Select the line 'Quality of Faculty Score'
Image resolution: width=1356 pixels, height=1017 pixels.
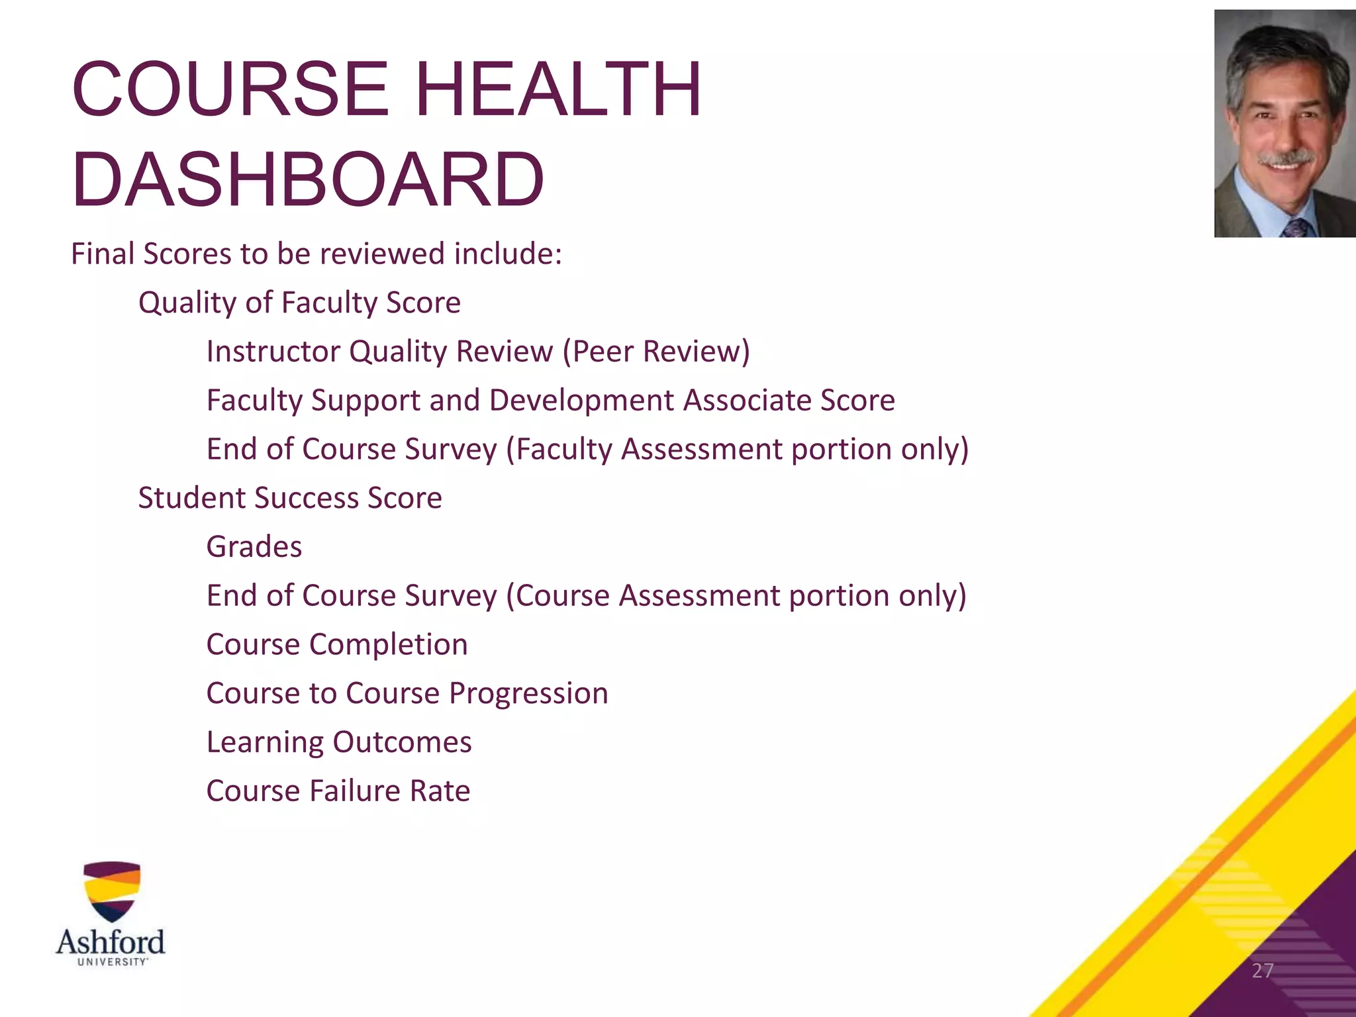point(299,303)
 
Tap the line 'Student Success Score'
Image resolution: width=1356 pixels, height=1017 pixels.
point(290,498)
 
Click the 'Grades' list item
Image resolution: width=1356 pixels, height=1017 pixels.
point(254,548)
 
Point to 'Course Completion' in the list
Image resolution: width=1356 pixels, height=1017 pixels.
point(337,645)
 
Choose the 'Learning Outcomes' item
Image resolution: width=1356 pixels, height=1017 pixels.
point(339,742)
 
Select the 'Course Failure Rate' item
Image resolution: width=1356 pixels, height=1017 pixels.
point(338,791)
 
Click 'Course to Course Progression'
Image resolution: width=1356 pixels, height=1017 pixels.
point(407,694)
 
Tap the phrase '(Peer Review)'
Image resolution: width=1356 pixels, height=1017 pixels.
point(656,352)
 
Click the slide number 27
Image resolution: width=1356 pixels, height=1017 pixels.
point(1263,971)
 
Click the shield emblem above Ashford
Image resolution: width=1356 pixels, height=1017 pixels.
point(112,891)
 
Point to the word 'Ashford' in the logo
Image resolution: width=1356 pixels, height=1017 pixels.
point(111,942)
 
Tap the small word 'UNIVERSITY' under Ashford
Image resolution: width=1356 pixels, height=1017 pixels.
point(112,962)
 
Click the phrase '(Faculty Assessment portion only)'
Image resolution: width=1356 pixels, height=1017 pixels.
point(738,450)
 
